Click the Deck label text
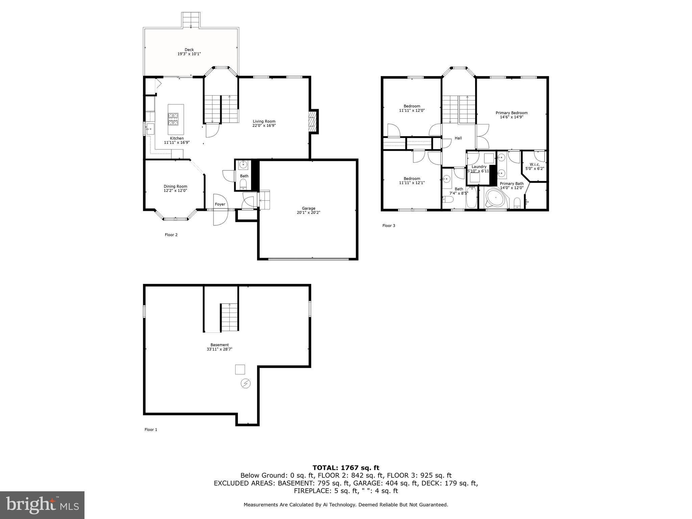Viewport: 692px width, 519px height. [189, 50]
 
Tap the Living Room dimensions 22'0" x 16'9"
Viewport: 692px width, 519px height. [264, 126]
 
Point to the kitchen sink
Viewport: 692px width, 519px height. [150, 128]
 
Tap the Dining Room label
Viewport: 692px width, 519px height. [175, 187]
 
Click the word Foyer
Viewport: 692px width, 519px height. [220, 204]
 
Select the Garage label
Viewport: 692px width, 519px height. [308, 208]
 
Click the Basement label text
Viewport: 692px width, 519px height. [219, 345]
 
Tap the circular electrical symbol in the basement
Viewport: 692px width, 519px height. [246, 384]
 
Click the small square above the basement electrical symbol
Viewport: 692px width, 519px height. [240, 369]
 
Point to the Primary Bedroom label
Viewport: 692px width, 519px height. [511, 113]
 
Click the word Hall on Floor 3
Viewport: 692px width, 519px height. [458, 138]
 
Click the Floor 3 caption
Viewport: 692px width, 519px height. [388, 226]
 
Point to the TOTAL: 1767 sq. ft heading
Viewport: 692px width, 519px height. [346, 468]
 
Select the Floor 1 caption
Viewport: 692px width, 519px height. [151, 430]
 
